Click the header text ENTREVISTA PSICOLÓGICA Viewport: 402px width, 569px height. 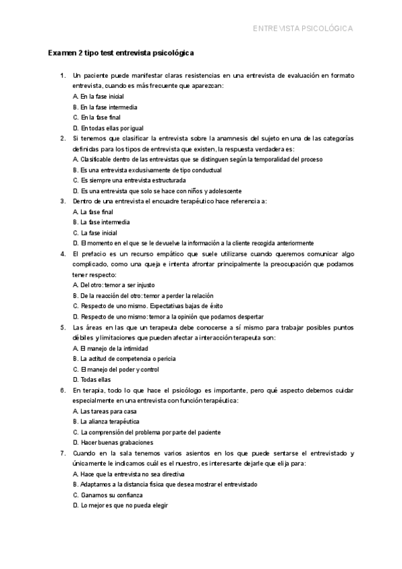[x=302, y=29]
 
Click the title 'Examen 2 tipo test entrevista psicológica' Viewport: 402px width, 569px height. [x=121, y=53]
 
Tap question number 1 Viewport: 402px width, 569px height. [x=62, y=76]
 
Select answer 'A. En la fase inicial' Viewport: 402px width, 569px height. [x=98, y=97]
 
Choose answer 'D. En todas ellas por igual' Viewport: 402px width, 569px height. [x=108, y=128]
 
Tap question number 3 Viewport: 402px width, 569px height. [x=62, y=201]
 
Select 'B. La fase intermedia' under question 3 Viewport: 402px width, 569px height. [x=101, y=222]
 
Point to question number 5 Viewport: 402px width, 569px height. [x=62, y=327]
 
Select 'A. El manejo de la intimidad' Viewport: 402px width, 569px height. [x=110, y=348]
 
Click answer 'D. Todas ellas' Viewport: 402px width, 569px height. [x=92, y=380]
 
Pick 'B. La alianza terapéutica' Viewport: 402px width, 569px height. [x=106, y=421]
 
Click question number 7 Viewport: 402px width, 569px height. [x=62, y=453]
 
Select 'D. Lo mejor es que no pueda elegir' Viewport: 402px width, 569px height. [x=120, y=505]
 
